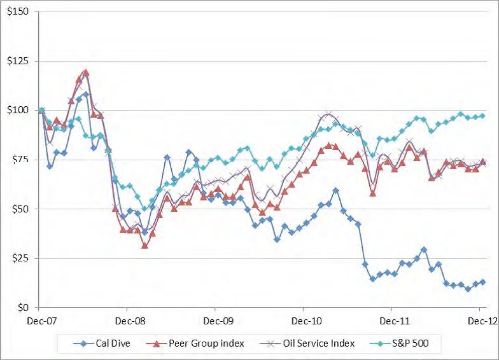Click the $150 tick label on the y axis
click(17, 12)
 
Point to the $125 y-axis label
click(17, 62)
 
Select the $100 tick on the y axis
click(17, 111)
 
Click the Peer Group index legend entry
click(201, 343)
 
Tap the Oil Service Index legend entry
click(312, 343)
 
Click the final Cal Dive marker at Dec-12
click(482, 282)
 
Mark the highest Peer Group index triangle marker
click(85, 73)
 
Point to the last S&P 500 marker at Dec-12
click(482, 116)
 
